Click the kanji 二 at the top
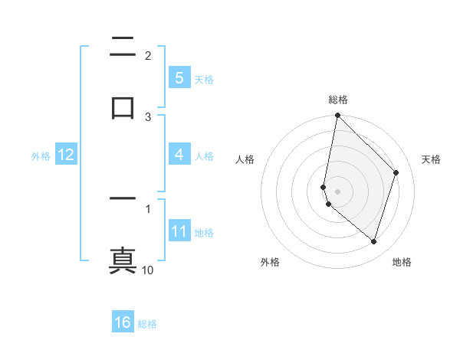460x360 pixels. pos(123,47)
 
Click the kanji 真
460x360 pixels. pos(123,259)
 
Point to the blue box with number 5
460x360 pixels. pos(179,77)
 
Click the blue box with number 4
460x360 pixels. pos(179,155)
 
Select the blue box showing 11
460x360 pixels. pos(179,231)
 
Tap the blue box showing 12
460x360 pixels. pos(65,155)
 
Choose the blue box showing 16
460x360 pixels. pos(123,322)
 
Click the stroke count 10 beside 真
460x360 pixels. pos(148,270)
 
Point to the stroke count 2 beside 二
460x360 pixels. pos(148,56)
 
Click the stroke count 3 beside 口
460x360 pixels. pos(148,116)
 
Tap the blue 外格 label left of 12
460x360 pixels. pos(41,155)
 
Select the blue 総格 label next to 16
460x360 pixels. pos(147,324)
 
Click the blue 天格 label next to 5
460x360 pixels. pos(204,79)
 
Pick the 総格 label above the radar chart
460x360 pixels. pos(337,100)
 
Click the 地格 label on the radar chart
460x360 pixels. pos(402,263)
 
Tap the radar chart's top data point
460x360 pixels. pos(337,116)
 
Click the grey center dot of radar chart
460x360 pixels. pos(337,190)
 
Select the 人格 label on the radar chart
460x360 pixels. pos(245,159)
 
